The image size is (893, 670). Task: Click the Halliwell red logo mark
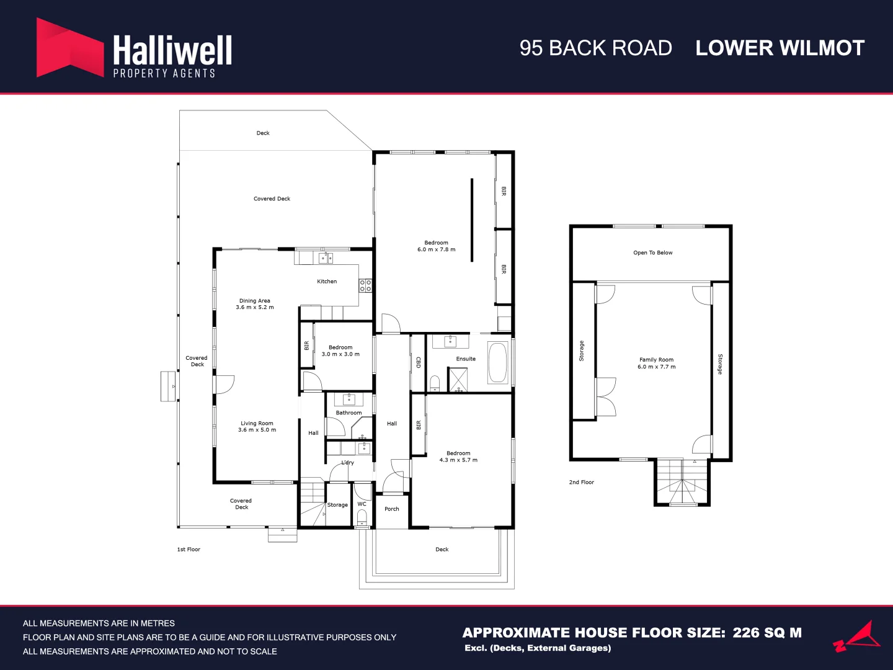pos(70,48)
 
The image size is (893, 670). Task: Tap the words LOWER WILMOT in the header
pos(780,48)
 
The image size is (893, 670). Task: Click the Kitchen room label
pos(327,281)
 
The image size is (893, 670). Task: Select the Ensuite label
pos(466,359)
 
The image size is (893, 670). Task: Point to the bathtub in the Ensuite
pos(497,362)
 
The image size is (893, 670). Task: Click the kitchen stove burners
pos(365,285)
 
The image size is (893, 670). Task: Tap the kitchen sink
pos(326,257)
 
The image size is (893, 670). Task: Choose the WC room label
pos(362,504)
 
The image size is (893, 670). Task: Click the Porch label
pos(392,509)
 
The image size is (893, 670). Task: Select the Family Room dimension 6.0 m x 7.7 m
pos(656,367)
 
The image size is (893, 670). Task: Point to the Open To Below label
pos(652,252)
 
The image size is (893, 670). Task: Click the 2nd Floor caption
pos(581,482)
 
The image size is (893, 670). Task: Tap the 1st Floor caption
pos(189,549)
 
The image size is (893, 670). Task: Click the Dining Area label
pos(255,301)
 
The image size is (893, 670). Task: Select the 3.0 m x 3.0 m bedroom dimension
pos(340,354)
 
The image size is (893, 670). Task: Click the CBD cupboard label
pos(418,362)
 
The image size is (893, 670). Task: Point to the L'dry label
pos(347,463)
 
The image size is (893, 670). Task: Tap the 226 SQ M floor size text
pos(767,633)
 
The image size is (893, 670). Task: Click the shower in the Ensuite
pos(458,380)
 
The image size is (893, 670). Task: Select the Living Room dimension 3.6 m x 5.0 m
pos(257,429)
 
